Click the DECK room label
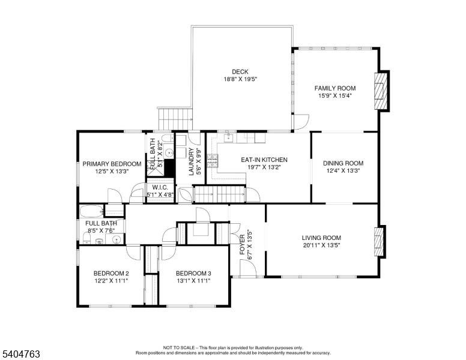click(240, 72)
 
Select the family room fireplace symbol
click(381, 91)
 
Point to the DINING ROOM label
click(343, 163)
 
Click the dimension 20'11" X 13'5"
click(321, 245)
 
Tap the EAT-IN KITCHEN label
click(264, 160)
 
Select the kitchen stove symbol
click(212, 160)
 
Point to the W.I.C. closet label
click(159, 187)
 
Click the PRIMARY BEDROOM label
click(112, 164)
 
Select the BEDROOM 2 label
click(110, 273)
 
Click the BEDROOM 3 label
click(193, 273)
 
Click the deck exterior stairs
click(174, 119)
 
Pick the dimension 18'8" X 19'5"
click(240, 79)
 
